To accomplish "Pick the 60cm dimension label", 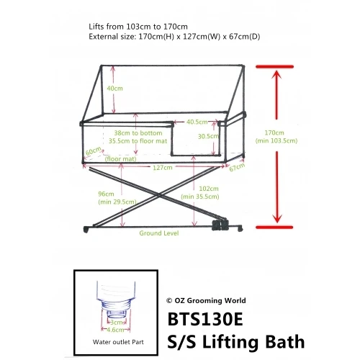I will tap(92, 152).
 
